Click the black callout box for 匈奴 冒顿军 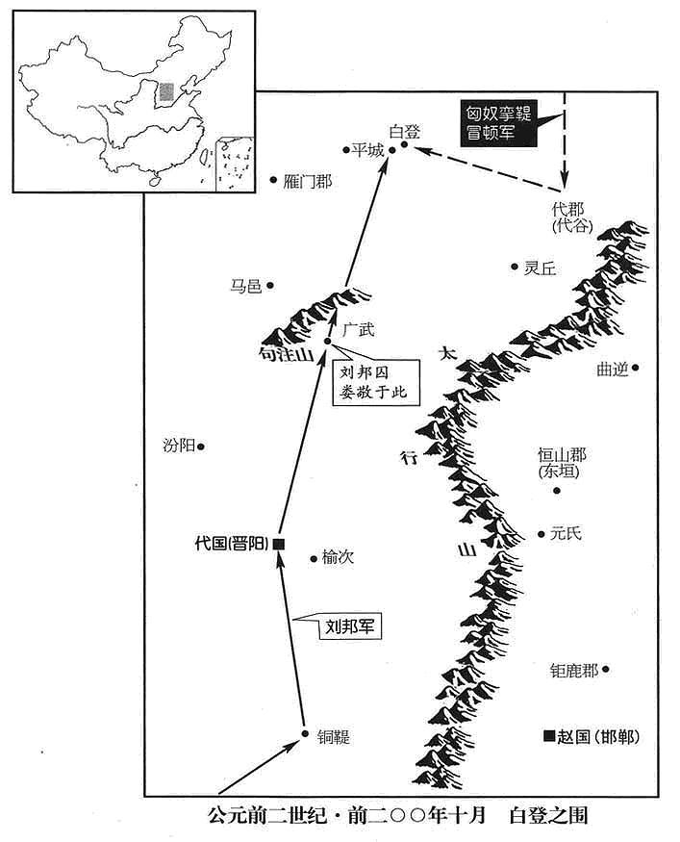tap(498, 123)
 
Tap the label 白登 tap(405, 132)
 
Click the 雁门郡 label tap(308, 182)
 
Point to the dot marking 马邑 tap(270, 285)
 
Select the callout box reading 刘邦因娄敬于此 tap(375, 381)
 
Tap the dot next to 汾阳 tap(201, 446)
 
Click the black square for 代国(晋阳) tap(279, 544)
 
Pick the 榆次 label tap(338, 557)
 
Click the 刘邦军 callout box tap(349, 626)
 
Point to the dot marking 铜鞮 tap(305, 733)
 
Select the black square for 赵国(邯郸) tap(548, 736)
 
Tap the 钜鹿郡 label tap(574, 670)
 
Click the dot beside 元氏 tap(541, 534)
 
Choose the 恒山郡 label tap(562, 455)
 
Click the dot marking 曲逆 tap(635, 368)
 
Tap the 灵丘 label tap(540, 268)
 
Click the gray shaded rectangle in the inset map tap(167, 91)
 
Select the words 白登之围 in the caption tap(548, 815)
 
